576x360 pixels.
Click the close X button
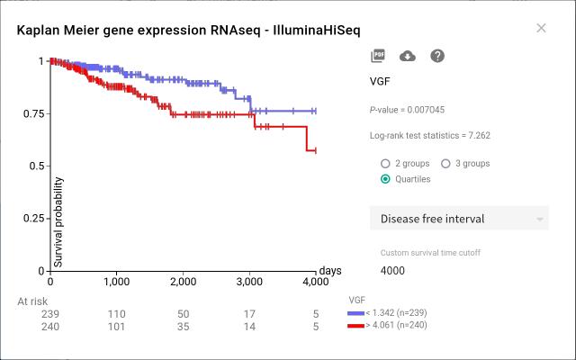pyautogui.click(x=541, y=28)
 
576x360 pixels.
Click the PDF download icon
pyautogui.click(x=377, y=56)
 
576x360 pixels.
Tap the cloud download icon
pyautogui.click(x=407, y=56)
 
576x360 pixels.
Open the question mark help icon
pyautogui.click(x=437, y=56)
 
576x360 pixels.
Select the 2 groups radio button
pyautogui.click(x=386, y=164)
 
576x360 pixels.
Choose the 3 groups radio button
pyautogui.click(x=445, y=164)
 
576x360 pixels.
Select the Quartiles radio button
pyautogui.click(x=386, y=179)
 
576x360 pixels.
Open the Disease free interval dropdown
pyautogui.click(x=459, y=219)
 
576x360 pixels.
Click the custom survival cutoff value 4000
pyautogui.click(x=393, y=270)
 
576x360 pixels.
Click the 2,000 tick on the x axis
pyautogui.click(x=183, y=282)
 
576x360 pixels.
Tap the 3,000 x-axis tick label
pyautogui.click(x=249, y=282)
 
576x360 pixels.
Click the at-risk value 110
pyautogui.click(x=116, y=313)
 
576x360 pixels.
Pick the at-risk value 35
pyautogui.click(x=183, y=327)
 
